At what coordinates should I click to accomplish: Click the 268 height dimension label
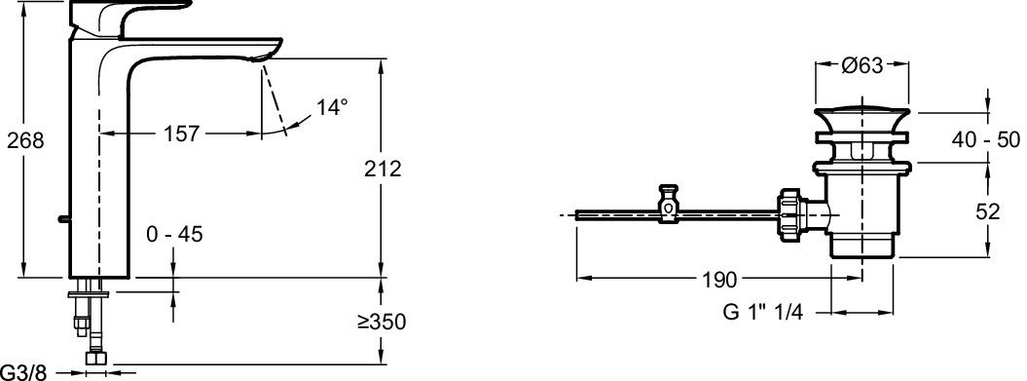pos(25,139)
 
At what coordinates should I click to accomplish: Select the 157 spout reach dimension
pos(181,133)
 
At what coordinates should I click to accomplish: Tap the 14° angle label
pos(332,107)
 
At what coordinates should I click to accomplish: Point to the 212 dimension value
pos(384,169)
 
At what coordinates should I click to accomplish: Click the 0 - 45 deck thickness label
pos(175,234)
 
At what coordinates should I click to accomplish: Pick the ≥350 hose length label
pos(382,322)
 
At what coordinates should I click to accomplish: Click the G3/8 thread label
pos(23,373)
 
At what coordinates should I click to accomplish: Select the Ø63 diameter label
pos(862,65)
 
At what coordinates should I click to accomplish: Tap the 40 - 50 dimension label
pos(986,139)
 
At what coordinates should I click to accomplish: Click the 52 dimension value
pos(988,211)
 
